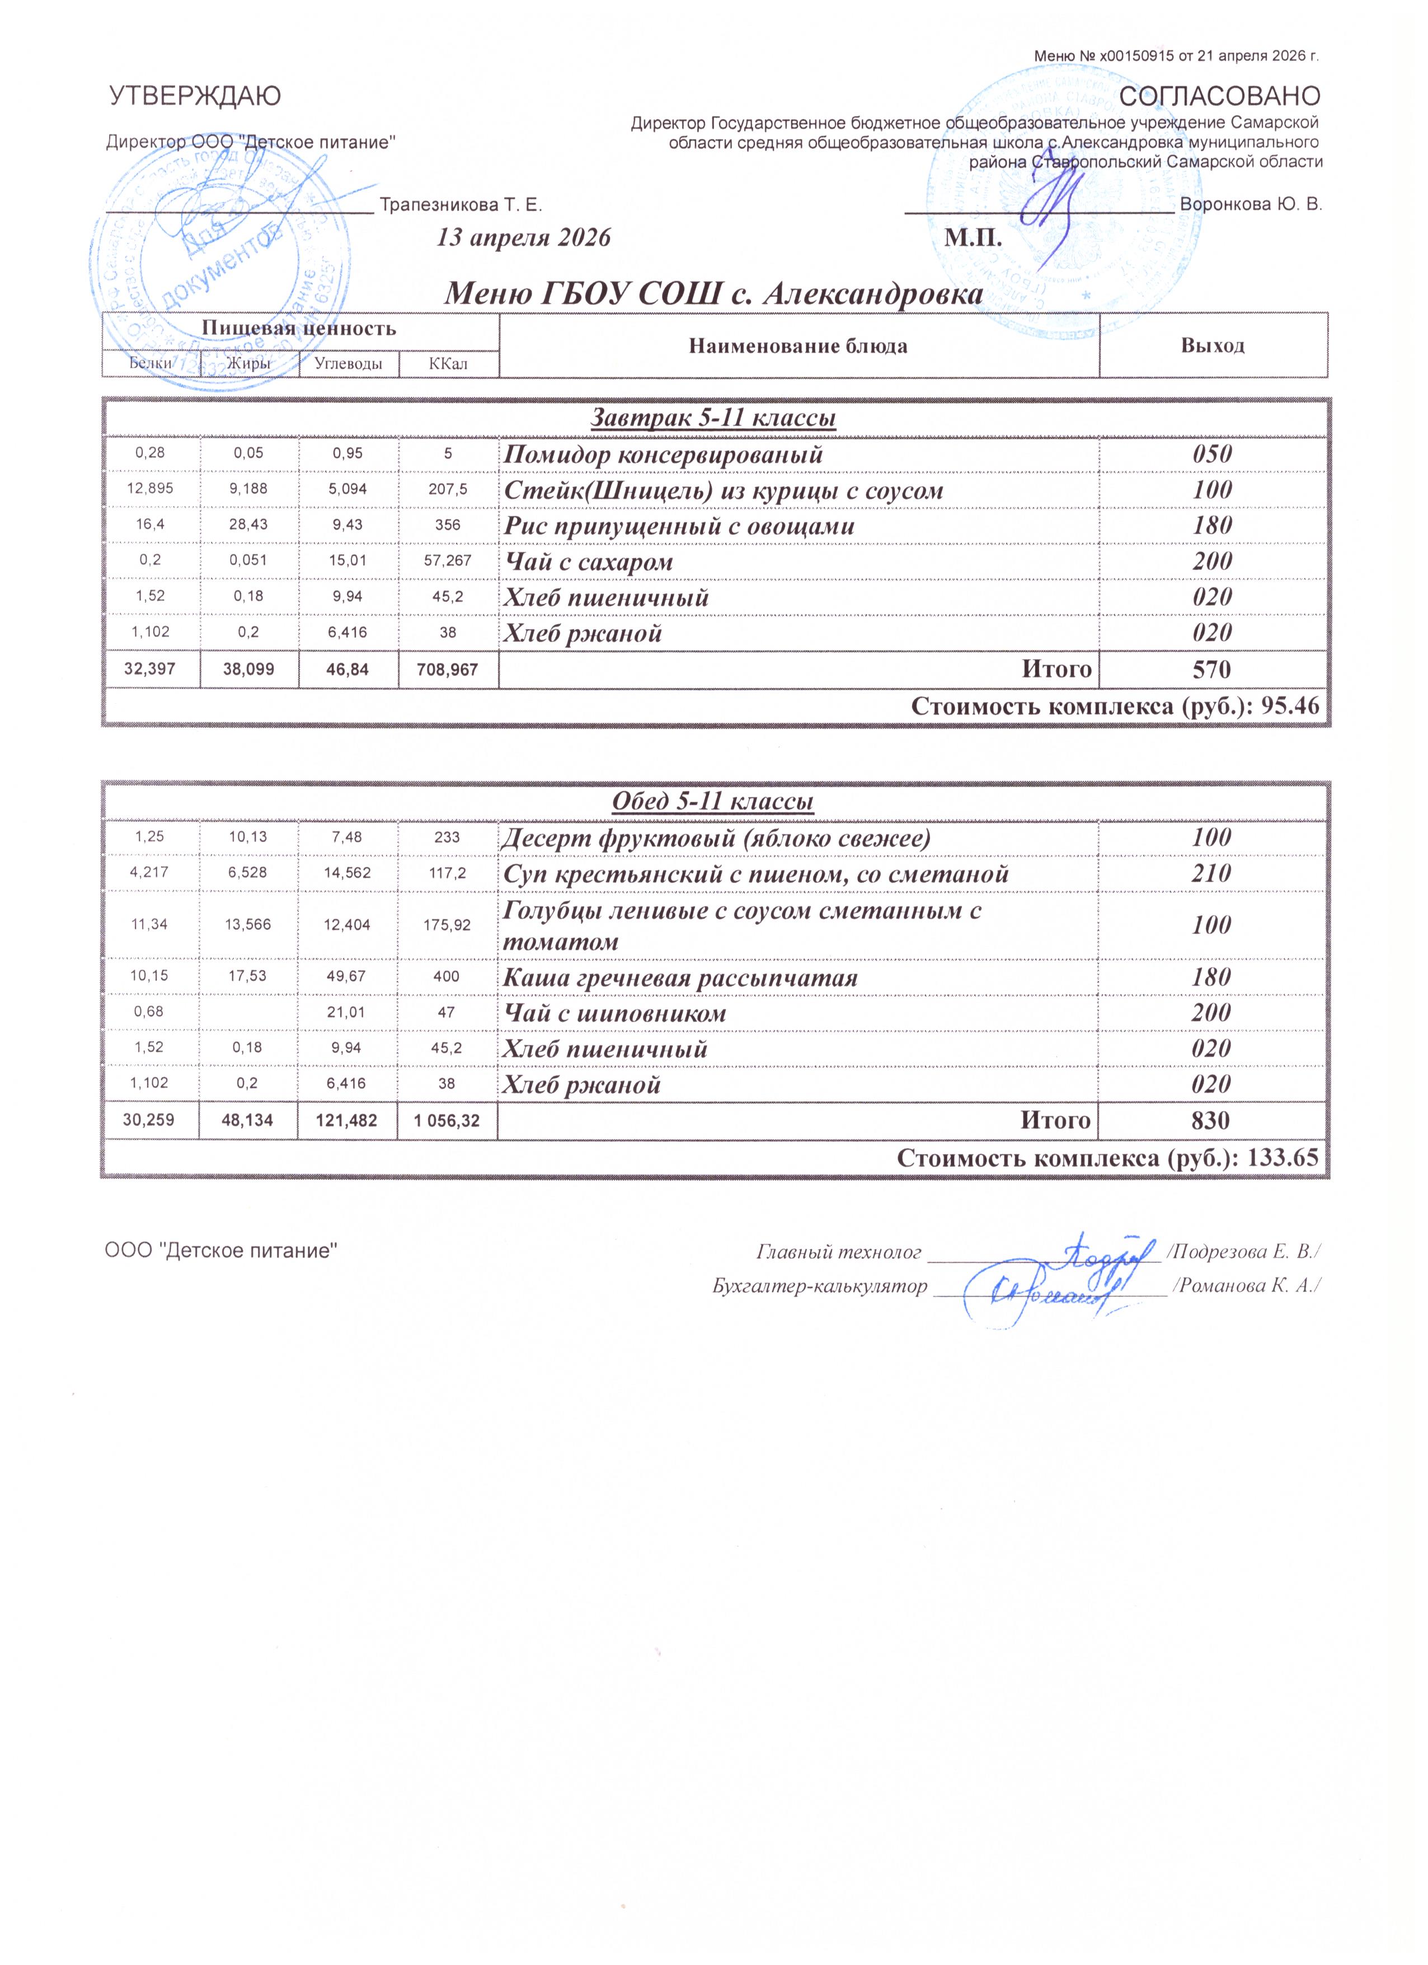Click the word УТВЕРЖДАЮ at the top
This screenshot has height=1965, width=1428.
coord(194,96)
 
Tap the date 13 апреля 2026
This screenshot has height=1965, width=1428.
coord(524,238)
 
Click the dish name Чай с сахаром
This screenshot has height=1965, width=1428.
coord(589,562)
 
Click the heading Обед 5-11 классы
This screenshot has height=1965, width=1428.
coord(713,802)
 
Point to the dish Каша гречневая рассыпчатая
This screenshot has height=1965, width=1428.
coord(680,978)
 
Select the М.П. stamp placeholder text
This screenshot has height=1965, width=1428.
coord(974,238)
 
